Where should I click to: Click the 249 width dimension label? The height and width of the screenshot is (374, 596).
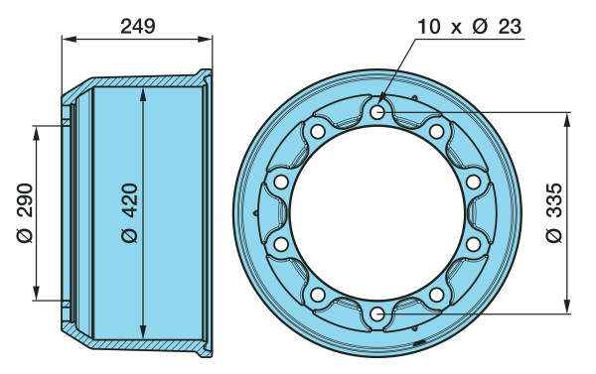[x=138, y=27]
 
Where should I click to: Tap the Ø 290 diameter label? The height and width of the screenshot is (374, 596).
[x=25, y=212]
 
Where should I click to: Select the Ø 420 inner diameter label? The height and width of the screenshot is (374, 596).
[x=129, y=212]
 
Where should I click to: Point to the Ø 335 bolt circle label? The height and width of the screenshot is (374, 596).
[x=554, y=212]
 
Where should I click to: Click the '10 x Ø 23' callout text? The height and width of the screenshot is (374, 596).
[x=470, y=27]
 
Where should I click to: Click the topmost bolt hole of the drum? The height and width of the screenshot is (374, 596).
[x=377, y=112]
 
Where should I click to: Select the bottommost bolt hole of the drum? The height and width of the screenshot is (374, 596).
[x=377, y=314]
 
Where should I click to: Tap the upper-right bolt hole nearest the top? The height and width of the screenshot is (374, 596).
[x=436, y=131]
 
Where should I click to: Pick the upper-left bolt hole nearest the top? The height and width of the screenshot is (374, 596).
[x=318, y=131]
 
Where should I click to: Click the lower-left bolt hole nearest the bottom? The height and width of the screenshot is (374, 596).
[x=318, y=295]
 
